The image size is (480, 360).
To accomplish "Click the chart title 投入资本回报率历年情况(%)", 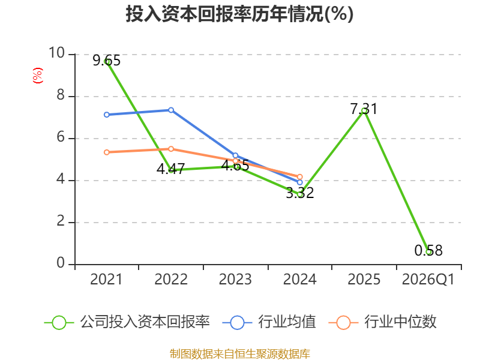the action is (239, 14).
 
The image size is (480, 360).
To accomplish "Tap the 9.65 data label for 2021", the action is (107, 61).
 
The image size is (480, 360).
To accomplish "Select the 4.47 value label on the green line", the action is (171, 169).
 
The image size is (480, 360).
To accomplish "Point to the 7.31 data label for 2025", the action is (364, 109).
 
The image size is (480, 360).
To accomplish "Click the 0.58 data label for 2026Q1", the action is (428, 250).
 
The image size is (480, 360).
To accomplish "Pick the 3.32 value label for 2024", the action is (300, 193).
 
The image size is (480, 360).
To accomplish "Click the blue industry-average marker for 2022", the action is (171, 110).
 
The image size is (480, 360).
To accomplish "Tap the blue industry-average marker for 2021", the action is (107, 115).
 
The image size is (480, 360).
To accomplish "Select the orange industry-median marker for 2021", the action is (107, 152).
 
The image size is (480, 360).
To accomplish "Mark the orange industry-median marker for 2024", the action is (299, 176).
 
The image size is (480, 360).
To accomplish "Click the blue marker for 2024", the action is (299, 182).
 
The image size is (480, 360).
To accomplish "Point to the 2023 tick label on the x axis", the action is (235, 280).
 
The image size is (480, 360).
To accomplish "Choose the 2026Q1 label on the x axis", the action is (428, 280).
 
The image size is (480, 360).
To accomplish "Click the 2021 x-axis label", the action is (106, 280).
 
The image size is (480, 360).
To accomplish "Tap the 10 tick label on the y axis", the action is (57, 53).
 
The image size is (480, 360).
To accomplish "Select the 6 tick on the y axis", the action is (61, 137).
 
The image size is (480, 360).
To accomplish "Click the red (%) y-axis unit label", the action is (38, 76).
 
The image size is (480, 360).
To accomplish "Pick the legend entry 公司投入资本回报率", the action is (127, 322).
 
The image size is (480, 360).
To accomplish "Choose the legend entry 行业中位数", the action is (382, 322).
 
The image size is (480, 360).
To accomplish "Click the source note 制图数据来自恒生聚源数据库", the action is (240, 354).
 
